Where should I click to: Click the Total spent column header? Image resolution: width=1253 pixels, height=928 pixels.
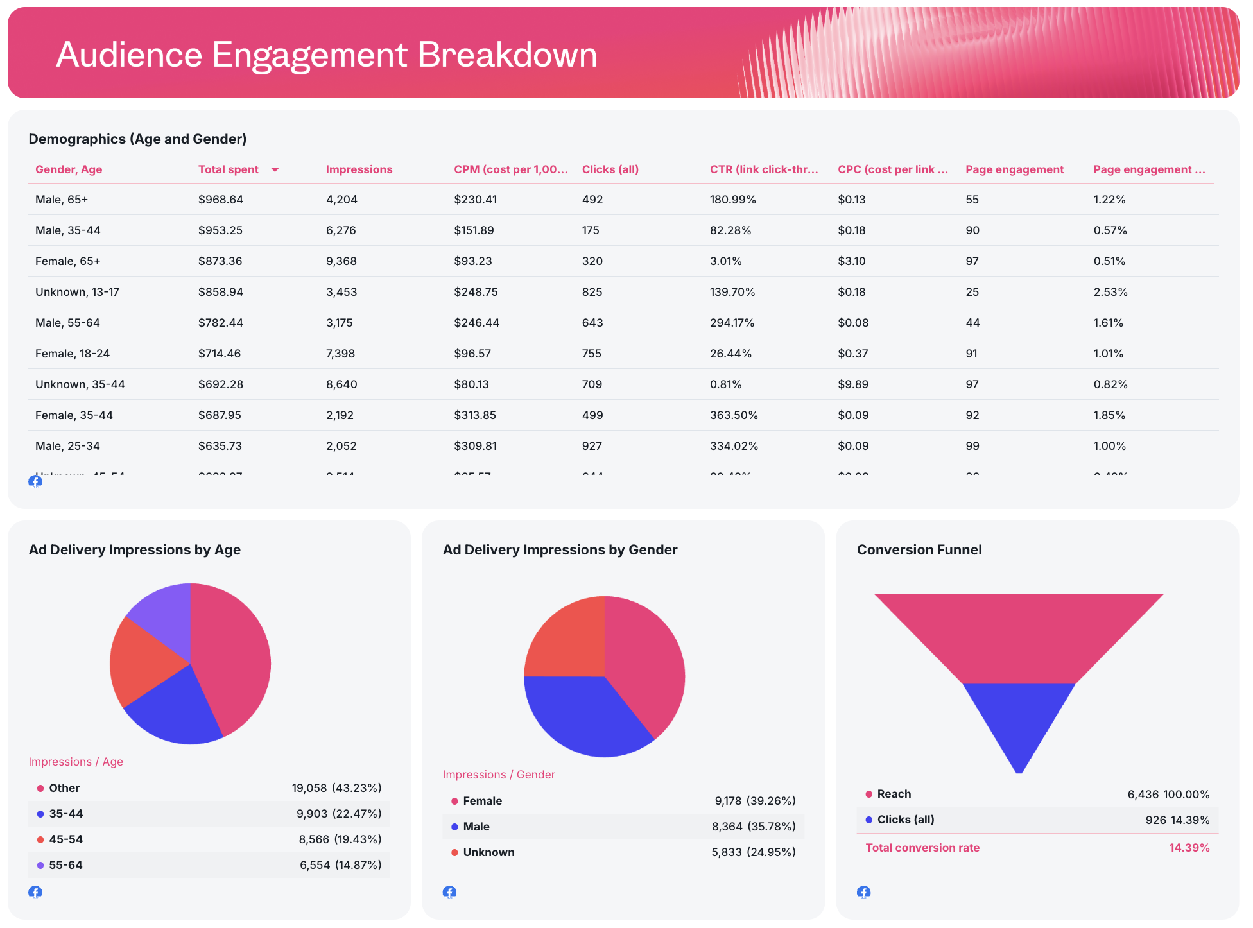(228, 169)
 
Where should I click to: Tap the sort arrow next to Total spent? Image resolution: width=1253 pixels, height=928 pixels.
(275, 170)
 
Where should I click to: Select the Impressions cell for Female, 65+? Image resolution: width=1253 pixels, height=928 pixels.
(341, 261)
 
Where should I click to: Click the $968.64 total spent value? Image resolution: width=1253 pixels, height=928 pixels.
(220, 200)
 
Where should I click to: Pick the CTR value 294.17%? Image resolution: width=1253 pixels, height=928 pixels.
(732, 323)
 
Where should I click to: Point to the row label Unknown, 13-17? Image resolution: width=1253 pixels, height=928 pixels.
(77, 292)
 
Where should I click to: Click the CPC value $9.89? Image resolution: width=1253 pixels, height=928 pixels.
(852, 384)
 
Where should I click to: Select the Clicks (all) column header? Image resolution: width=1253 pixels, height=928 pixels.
(610, 169)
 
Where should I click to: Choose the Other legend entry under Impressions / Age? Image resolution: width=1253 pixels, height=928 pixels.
(64, 788)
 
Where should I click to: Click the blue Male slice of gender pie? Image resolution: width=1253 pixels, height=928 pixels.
(584, 716)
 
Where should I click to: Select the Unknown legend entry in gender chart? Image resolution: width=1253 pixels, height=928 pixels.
(488, 852)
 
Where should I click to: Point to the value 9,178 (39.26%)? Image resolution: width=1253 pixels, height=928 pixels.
(755, 801)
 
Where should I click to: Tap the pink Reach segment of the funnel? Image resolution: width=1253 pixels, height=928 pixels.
(1019, 635)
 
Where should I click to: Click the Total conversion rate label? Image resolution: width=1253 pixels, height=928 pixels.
(922, 848)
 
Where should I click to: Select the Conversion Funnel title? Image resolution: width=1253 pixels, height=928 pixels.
(919, 550)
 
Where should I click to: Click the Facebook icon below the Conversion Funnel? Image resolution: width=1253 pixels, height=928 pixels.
(863, 892)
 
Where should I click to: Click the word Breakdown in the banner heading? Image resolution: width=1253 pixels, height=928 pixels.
(507, 55)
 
